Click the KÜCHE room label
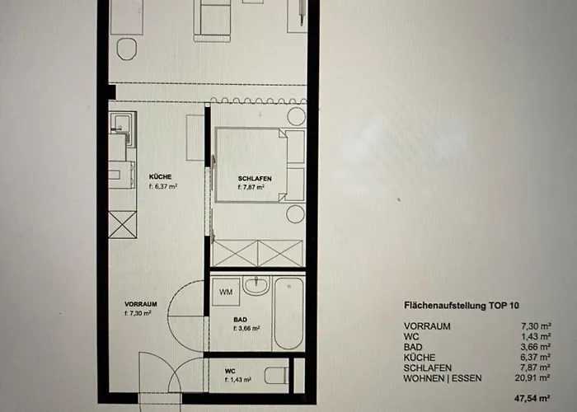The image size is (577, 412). (x=160, y=177)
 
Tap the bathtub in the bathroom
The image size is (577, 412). (x=288, y=312)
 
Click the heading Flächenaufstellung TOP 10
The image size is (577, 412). (x=462, y=306)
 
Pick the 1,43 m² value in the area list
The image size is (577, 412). (x=551, y=336)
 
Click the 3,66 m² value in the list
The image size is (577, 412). (x=551, y=346)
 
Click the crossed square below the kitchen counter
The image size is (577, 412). (x=123, y=225)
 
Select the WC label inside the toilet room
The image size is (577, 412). (x=230, y=372)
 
